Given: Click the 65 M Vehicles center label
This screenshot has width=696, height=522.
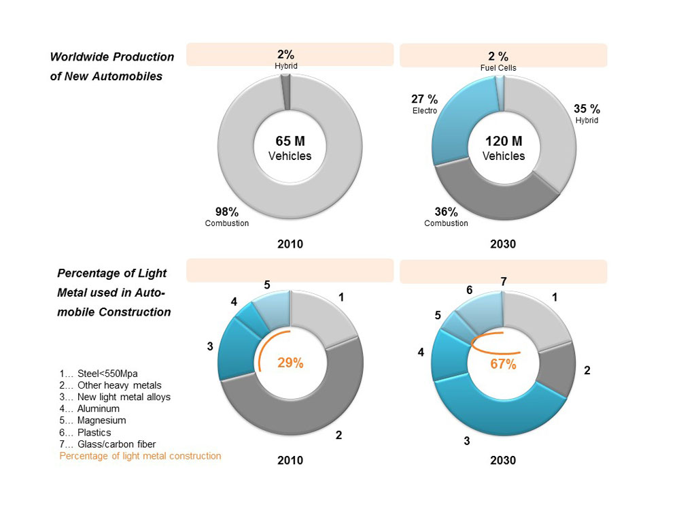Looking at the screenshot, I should click(x=290, y=148).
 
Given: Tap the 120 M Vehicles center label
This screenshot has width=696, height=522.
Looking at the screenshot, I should click(x=504, y=148).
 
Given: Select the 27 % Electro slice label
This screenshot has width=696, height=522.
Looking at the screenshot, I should click(x=425, y=103).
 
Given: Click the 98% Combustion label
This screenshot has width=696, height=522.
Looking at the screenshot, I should click(x=227, y=216).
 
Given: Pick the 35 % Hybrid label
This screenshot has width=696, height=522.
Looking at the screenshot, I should click(x=587, y=113).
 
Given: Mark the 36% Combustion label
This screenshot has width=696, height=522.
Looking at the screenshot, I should click(x=446, y=216).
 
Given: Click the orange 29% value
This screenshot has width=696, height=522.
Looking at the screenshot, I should click(x=290, y=363).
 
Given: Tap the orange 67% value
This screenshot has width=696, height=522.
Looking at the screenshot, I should click(x=504, y=364).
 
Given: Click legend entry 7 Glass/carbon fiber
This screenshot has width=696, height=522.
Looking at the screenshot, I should click(x=107, y=444).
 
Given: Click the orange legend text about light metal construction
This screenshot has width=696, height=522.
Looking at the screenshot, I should click(x=140, y=456).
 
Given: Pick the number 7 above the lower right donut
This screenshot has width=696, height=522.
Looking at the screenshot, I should click(x=503, y=281).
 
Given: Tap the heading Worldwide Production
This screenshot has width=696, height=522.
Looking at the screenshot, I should click(x=112, y=57).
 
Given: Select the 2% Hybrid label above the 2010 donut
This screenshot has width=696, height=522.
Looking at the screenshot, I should click(x=286, y=59).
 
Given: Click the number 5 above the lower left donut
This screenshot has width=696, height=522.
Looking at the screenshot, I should click(x=267, y=284).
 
